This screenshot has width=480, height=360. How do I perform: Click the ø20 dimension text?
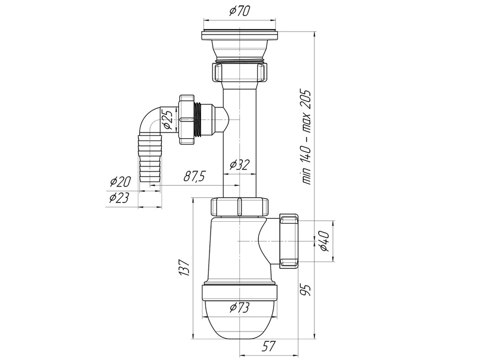(x=120, y=182)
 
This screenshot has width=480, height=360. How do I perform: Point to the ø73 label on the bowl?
(x=239, y=308)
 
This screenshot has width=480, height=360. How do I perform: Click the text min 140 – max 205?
(x=307, y=137)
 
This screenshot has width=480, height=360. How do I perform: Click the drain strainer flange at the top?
(x=239, y=35)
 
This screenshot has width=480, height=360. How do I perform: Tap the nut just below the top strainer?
(x=239, y=72)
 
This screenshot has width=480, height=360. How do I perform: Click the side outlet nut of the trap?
(x=289, y=241)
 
